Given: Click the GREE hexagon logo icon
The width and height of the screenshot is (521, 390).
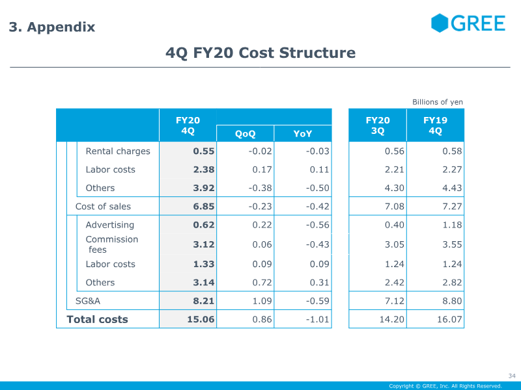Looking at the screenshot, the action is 440,23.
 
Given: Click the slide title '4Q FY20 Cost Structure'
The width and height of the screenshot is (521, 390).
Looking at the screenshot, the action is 260,53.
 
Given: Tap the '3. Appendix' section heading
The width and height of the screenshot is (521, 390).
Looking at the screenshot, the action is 52,27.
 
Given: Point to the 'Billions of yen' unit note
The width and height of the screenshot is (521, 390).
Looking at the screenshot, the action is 437,102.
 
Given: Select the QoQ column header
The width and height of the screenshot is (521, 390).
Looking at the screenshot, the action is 246,134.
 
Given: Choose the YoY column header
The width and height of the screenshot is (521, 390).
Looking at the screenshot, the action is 303,134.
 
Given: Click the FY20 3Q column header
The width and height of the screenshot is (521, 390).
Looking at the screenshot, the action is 378,125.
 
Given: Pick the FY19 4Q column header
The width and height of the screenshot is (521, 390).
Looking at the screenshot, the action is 435,125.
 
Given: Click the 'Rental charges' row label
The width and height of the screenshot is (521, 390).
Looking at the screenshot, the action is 118,151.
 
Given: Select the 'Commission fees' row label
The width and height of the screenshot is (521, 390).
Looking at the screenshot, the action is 112,244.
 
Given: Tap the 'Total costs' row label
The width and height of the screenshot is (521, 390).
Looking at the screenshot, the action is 97,319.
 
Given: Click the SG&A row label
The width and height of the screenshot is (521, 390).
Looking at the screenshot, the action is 88,301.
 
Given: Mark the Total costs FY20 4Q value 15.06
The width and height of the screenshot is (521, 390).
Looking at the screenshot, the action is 201,319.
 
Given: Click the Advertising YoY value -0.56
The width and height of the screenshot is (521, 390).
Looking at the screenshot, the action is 318,225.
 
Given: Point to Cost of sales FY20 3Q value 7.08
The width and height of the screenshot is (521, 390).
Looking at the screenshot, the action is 395,206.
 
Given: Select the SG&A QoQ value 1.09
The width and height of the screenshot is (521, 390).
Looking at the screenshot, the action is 262,301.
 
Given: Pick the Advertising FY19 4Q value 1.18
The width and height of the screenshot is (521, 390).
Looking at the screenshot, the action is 452,225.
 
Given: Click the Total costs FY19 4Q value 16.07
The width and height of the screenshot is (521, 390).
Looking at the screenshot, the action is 449,319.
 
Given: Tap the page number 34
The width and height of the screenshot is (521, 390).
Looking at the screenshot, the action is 512,376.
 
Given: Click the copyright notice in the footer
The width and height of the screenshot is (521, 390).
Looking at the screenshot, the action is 445,386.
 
